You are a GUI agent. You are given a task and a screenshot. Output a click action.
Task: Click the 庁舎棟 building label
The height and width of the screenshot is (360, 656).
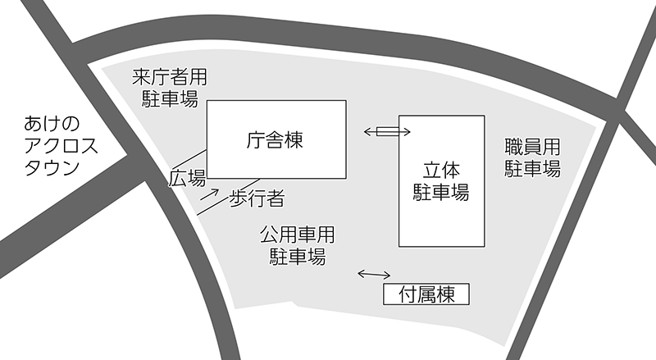pyautogui.click(x=275, y=140)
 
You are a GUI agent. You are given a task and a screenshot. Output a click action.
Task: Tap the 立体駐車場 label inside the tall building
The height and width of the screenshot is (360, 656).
pyautogui.click(x=440, y=182)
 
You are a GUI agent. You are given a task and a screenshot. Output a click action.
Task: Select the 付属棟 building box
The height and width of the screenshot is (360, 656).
pyautogui.click(x=426, y=294)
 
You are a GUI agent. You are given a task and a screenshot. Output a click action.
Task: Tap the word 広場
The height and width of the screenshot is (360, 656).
pyautogui.click(x=188, y=177)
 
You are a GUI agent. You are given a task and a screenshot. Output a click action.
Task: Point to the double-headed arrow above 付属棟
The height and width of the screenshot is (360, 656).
pyautogui.click(x=374, y=274)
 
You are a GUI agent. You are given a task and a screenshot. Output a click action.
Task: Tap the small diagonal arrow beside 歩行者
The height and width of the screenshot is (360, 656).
pyautogui.click(x=212, y=194)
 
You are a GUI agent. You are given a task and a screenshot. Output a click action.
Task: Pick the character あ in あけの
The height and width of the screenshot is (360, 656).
pyautogui.click(x=34, y=125)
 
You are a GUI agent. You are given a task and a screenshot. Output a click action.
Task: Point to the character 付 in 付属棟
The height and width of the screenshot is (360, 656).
pyautogui.click(x=407, y=294)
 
